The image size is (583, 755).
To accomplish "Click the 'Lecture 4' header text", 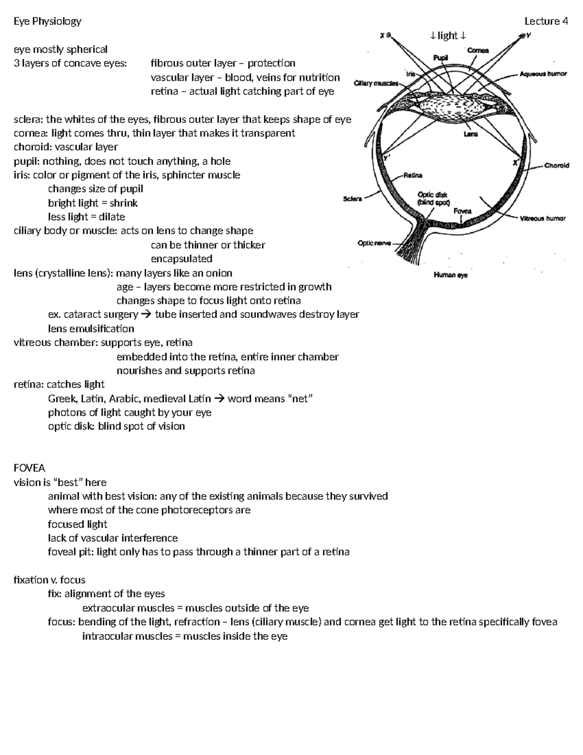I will [x=546, y=21].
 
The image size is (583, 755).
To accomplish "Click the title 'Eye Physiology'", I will [x=48, y=21].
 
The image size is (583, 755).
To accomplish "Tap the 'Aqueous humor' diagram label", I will [x=543, y=74].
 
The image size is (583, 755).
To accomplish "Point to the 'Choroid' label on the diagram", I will [x=556, y=166].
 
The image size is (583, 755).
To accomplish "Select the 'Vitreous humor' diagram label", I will [x=543, y=219].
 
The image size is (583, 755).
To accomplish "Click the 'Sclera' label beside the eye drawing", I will [x=352, y=199].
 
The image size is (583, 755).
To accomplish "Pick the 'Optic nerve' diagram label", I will [x=374, y=243].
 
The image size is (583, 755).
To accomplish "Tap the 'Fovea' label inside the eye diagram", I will [x=462, y=211].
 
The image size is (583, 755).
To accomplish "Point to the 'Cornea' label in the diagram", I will [x=478, y=51].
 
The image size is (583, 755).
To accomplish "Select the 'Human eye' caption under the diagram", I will [x=450, y=276].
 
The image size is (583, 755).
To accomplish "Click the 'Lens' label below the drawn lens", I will [x=470, y=134].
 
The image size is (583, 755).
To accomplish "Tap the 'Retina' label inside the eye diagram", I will [x=413, y=176].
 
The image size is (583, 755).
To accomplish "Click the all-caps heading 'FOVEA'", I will [x=30, y=468].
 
